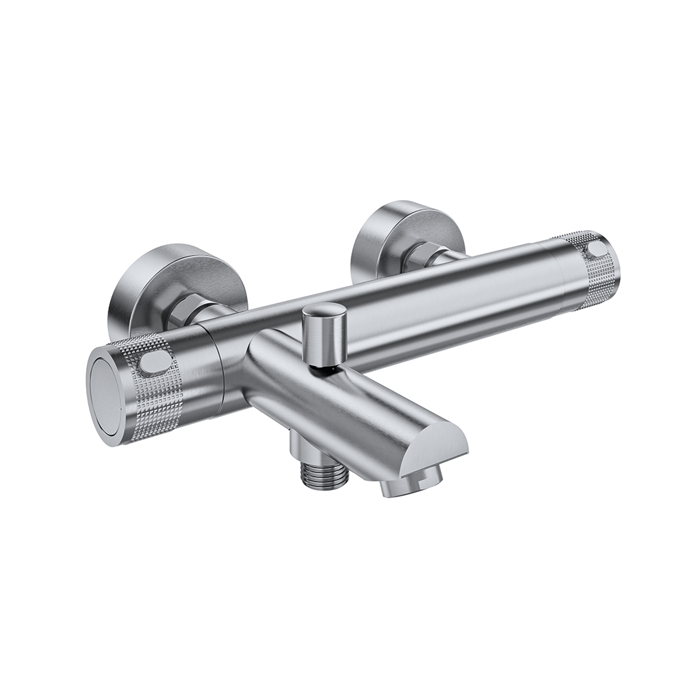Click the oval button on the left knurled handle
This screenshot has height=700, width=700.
[x=155, y=363]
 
